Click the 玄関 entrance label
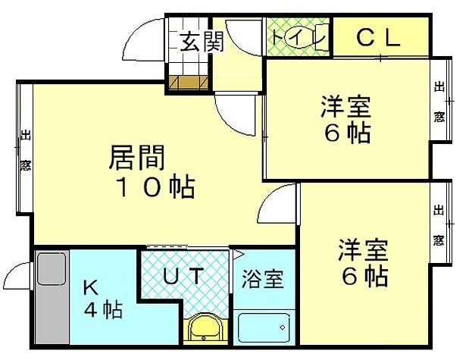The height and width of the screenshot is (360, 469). [x=202, y=42]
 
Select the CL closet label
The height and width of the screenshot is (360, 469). [x=379, y=38]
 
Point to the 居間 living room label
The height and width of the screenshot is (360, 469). [x=137, y=158]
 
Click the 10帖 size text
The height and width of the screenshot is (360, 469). [x=155, y=188]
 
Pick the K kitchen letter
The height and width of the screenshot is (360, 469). [x=90, y=288]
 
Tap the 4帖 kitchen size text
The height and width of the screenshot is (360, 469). [x=103, y=310]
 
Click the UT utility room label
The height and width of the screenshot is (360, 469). [x=183, y=275]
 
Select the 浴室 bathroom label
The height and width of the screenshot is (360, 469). [x=263, y=279]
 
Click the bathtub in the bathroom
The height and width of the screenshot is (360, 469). [x=264, y=327]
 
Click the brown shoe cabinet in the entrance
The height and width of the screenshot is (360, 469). [x=188, y=83]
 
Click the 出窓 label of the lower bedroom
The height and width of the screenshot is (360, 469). [x=439, y=225]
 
